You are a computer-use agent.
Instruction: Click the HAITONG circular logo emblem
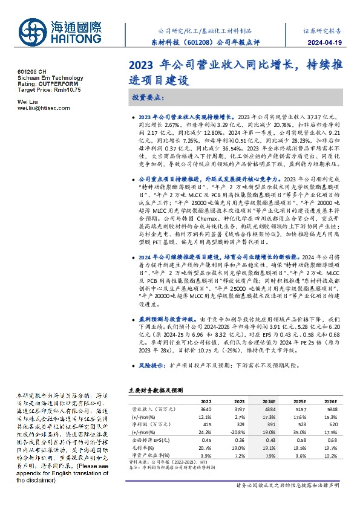pos(32,31)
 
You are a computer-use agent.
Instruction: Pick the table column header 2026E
pos(330,401)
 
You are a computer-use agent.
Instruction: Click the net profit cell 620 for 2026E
pos(331,424)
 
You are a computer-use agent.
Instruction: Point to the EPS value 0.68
pos(331,440)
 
